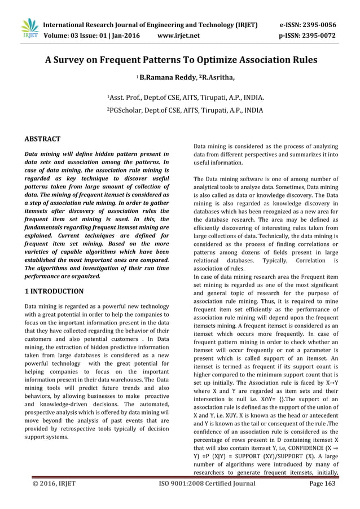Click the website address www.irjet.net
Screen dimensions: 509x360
coord(179,36)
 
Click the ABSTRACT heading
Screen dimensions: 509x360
coord(42,138)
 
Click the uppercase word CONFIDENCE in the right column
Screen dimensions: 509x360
coord(298,441)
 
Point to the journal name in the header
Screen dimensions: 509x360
coord(151,25)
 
